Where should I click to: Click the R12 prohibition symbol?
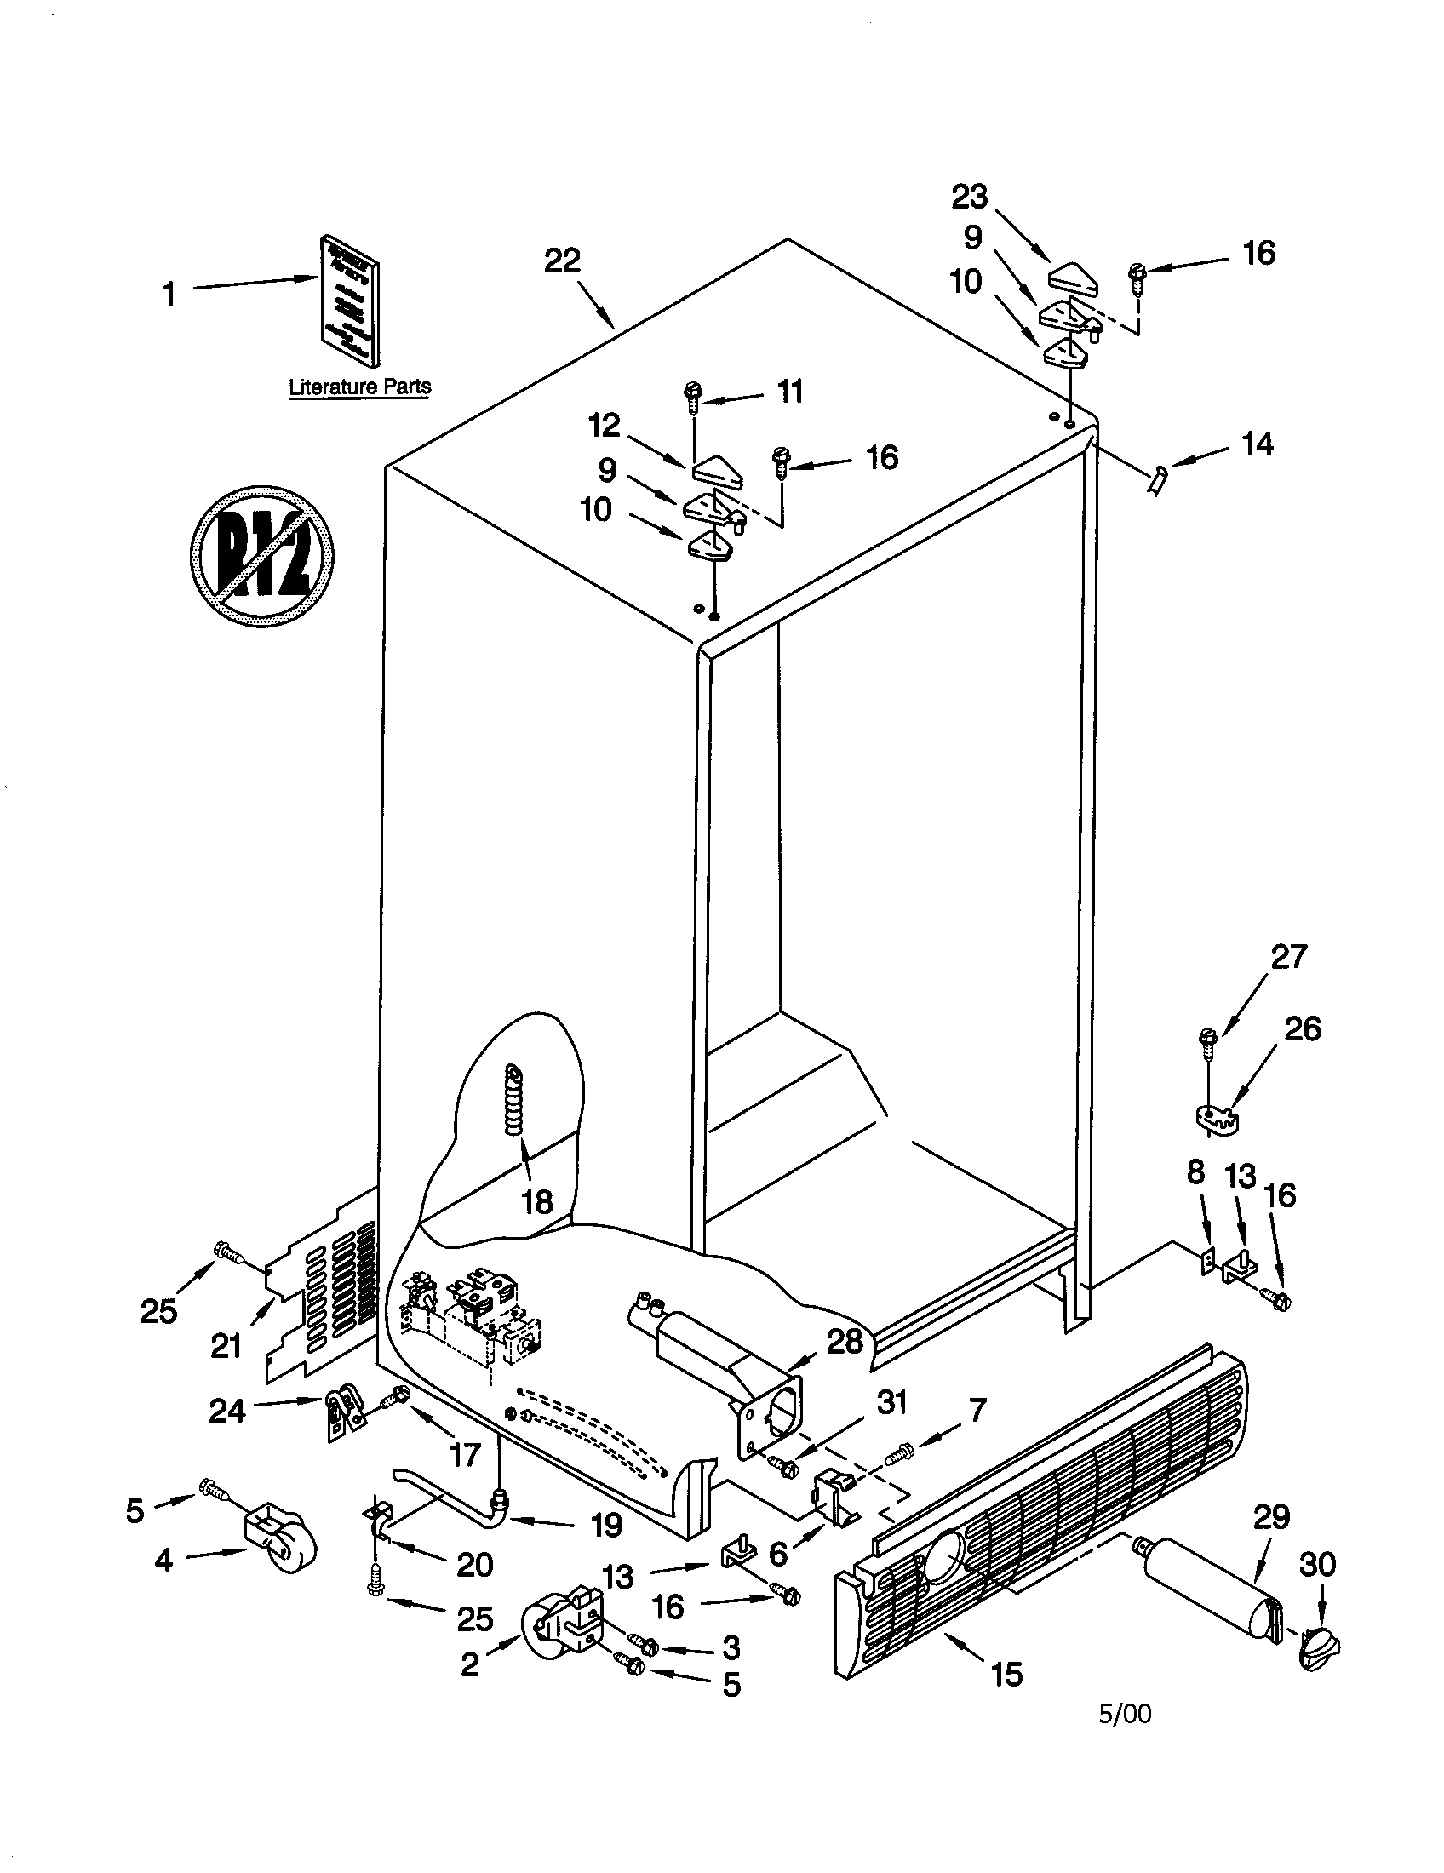261,556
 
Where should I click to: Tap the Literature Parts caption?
359,387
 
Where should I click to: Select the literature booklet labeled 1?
350,298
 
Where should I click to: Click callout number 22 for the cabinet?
563,261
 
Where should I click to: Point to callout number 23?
970,198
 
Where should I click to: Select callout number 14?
1257,444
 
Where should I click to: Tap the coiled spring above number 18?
514,1100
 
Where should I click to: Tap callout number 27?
1289,956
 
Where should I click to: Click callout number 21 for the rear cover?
226,1347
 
